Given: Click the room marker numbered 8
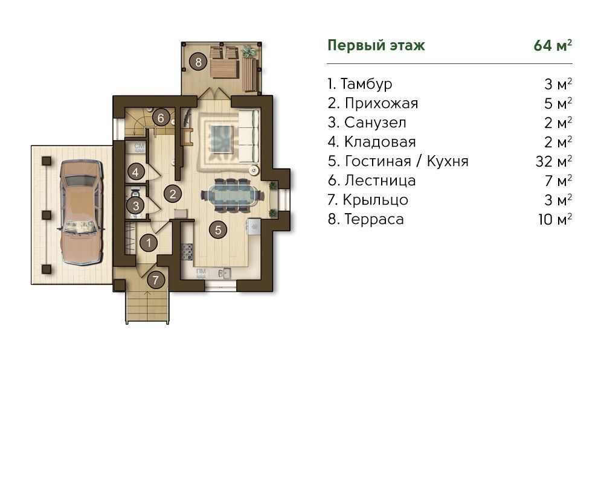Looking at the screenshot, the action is pyautogui.click(x=198, y=62).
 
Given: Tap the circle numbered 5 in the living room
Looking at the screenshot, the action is pyautogui.click(x=218, y=230).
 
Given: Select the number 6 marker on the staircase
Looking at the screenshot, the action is pyautogui.click(x=161, y=118).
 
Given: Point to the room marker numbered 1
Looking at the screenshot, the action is pyautogui.click(x=149, y=243).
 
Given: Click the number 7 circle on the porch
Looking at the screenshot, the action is pyautogui.click(x=156, y=280).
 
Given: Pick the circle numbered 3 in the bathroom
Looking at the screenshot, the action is pyautogui.click(x=135, y=206).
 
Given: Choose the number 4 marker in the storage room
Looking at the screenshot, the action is pyautogui.click(x=135, y=172).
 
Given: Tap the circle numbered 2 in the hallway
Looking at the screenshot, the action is pyautogui.click(x=173, y=194).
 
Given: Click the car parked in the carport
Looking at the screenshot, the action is pyautogui.click(x=82, y=211).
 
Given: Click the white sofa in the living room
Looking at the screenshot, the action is pyautogui.click(x=249, y=136).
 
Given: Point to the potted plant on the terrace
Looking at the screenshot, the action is pyautogui.click(x=249, y=51).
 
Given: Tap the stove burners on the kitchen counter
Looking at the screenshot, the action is pyautogui.click(x=188, y=252).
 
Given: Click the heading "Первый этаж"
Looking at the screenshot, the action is pyautogui.click(x=376, y=45).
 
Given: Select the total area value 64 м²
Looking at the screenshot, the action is pyautogui.click(x=553, y=45).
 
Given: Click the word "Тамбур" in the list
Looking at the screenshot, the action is pyautogui.click(x=366, y=84).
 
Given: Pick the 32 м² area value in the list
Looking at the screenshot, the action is pyautogui.click(x=553, y=161).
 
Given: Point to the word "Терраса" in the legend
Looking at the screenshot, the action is pyautogui.click(x=374, y=219).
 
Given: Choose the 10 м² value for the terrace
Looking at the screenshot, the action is pyautogui.click(x=554, y=219).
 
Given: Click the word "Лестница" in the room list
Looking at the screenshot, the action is pyautogui.click(x=380, y=181).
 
